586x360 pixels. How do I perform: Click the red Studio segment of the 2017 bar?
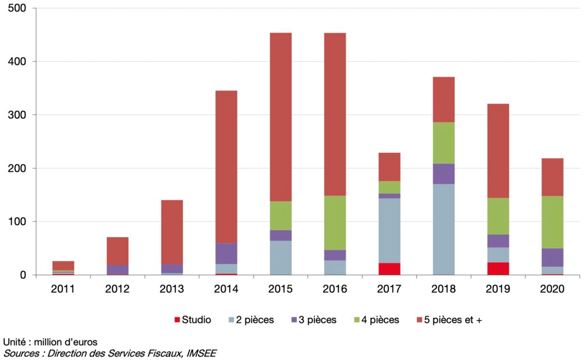[389, 269]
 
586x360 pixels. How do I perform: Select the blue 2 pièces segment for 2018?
[443, 229]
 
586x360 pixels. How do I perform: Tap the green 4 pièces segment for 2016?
[335, 222]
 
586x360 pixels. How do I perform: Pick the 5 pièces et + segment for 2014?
[226, 167]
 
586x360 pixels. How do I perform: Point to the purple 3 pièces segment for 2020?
[552, 257]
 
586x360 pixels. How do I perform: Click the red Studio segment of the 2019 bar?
[498, 268]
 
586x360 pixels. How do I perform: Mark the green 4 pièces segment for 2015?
[281, 216]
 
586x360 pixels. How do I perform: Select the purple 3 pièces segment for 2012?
[117, 270]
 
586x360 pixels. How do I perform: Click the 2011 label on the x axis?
[63, 289]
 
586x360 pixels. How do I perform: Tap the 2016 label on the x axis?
[335, 289]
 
